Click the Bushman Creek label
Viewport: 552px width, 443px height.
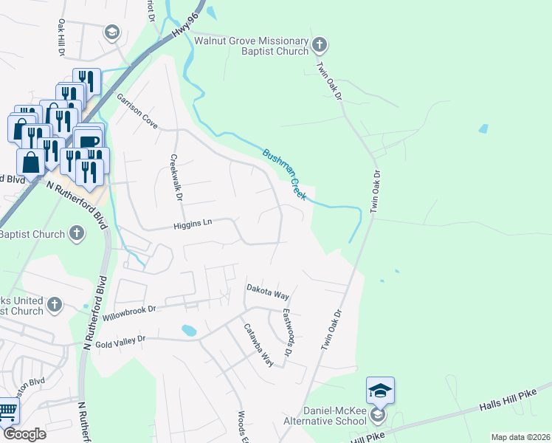click(284, 174)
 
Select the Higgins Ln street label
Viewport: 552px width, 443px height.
click(193, 227)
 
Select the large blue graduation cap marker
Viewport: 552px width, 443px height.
click(380, 391)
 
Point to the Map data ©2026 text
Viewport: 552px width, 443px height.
click(520, 437)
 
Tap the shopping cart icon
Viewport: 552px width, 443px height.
click(7, 410)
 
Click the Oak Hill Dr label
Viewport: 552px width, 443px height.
click(61, 37)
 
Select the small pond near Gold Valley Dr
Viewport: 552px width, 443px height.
click(188, 329)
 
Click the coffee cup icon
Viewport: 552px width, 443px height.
click(89, 140)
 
